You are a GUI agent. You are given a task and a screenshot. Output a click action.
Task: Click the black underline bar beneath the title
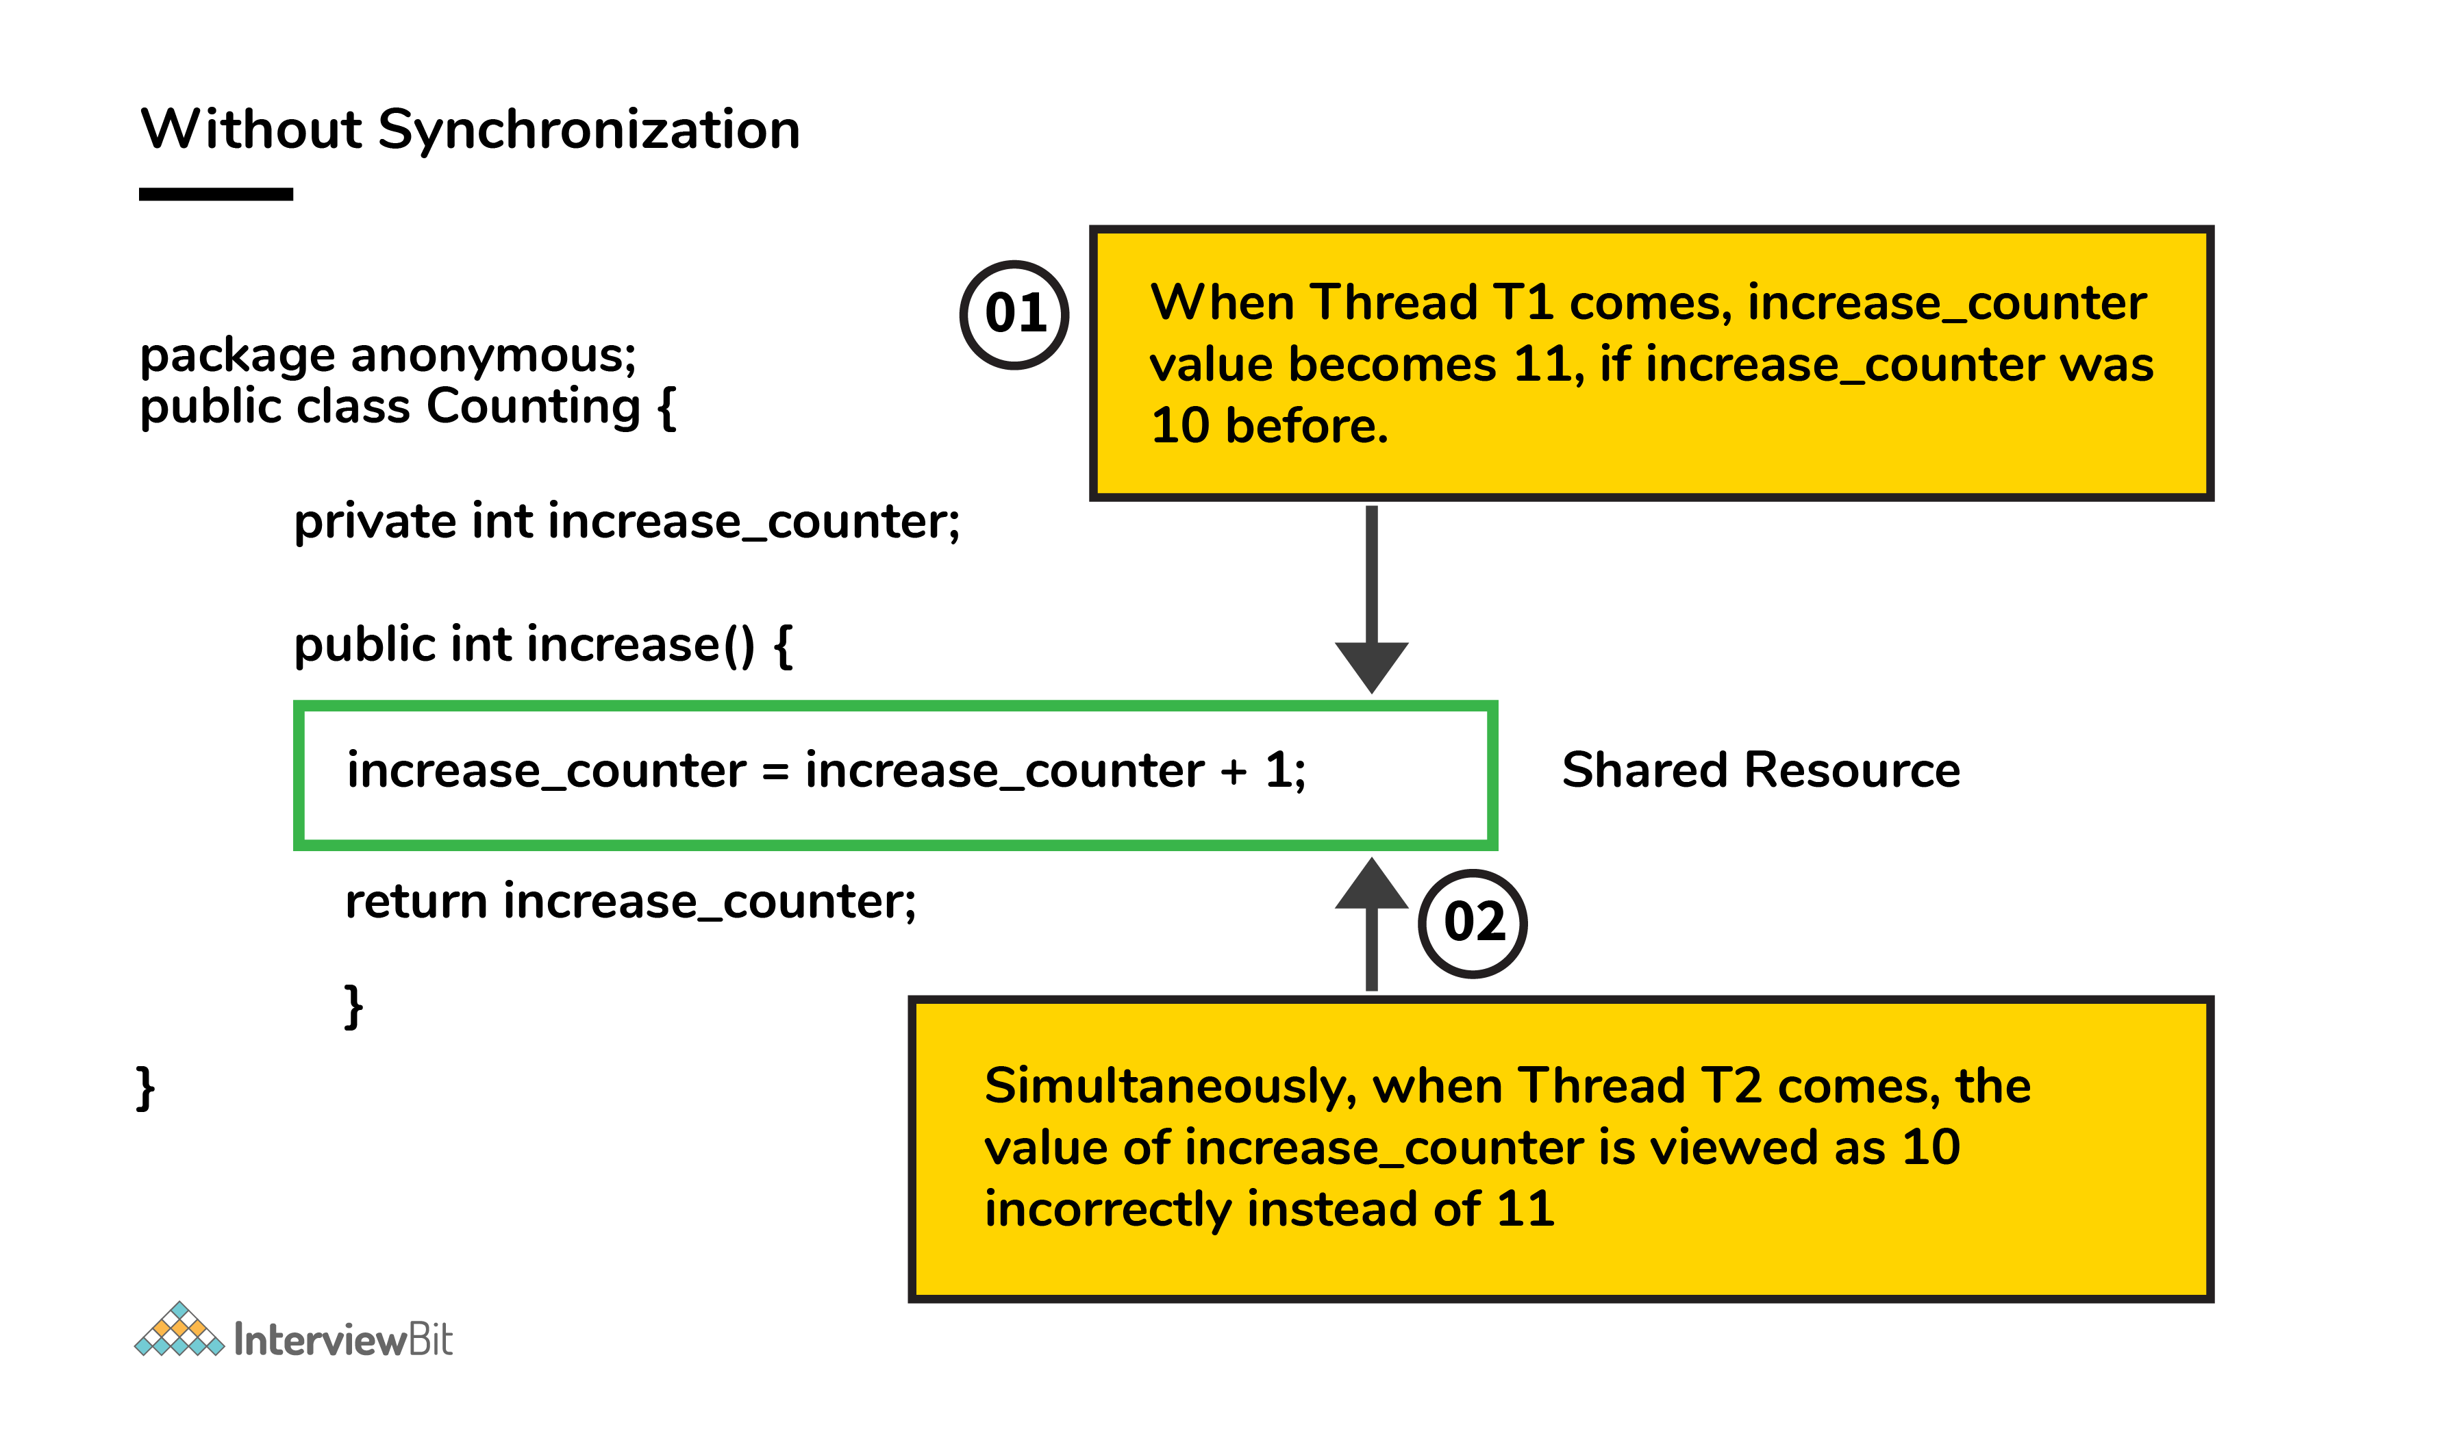216,194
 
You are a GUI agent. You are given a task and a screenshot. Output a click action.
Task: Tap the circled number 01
1015,314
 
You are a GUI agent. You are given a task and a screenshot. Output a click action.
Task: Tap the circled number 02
1473,922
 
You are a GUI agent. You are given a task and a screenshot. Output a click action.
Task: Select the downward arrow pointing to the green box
1372,598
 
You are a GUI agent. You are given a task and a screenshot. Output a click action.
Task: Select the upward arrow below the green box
1372,924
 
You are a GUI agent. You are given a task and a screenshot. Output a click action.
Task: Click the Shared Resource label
1761,770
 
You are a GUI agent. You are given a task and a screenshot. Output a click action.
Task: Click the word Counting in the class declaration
534,407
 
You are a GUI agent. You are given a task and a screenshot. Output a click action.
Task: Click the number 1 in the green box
1277,770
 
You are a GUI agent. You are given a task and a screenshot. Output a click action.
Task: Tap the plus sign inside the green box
1234,772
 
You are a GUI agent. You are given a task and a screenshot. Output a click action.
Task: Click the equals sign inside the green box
775,772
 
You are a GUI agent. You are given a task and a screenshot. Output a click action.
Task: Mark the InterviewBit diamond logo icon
179,1329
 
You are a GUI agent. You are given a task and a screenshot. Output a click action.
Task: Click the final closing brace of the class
146,1088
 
